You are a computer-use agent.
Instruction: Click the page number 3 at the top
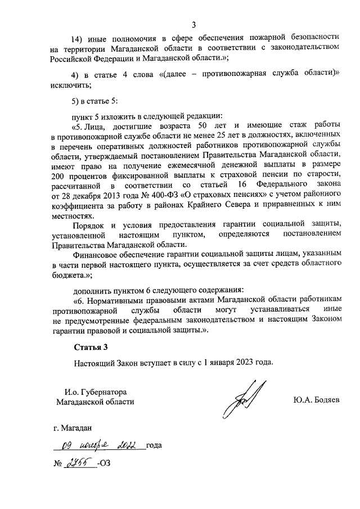click(x=193, y=24)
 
